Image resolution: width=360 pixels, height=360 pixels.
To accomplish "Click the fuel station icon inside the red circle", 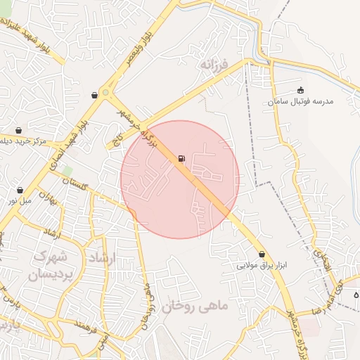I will (x=181, y=158).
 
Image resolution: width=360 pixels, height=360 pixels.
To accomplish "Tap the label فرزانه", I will (x=214, y=65).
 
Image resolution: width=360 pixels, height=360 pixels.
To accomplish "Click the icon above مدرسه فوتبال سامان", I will (x=301, y=90).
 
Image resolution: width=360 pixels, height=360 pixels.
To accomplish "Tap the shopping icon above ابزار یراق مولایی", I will (x=262, y=254).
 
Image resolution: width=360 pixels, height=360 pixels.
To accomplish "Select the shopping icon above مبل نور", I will (x=20, y=190).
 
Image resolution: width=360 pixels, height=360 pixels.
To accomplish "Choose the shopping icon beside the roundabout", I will (x=94, y=95).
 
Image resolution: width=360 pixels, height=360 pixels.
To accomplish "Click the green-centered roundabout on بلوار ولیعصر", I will (x=106, y=92).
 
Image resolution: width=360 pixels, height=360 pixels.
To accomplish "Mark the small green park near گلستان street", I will (x=67, y=171).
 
